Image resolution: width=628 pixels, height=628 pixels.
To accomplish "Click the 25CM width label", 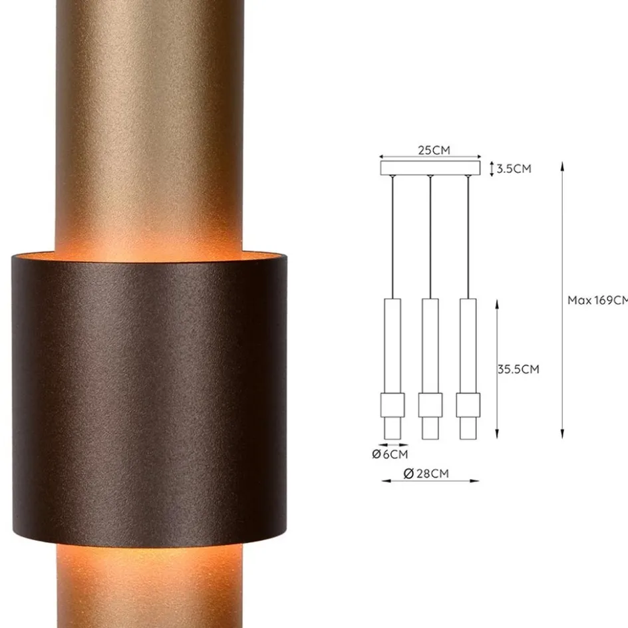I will tap(434, 150).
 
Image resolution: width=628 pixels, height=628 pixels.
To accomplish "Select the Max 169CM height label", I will tap(597, 300).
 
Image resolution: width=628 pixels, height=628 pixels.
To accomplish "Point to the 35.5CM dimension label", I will tap(518, 369).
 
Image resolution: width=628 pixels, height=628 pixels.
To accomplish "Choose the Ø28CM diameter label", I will tap(426, 473).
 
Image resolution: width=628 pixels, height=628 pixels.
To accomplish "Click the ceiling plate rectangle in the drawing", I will tap(430, 168).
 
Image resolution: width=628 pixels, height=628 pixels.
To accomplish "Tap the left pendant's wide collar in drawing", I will tap(392, 404).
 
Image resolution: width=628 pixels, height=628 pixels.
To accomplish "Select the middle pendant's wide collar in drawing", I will tap(430, 404).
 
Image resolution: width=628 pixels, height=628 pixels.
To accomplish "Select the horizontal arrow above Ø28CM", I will tap(430, 480).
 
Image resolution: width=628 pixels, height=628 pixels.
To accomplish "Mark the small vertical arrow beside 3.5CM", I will tap(492, 168).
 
